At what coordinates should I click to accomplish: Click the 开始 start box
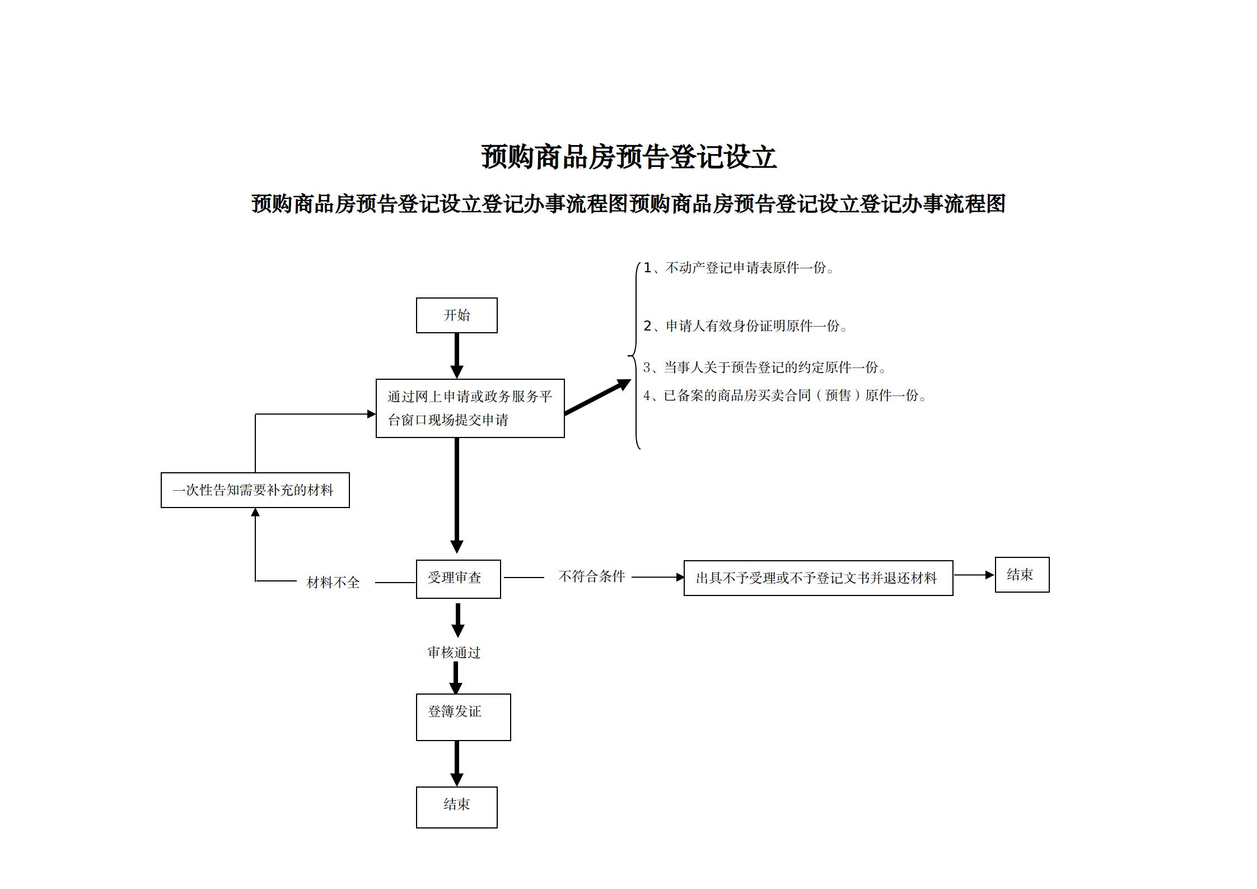pyautogui.click(x=456, y=315)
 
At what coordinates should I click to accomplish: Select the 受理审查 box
pyautogui.click(x=458, y=579)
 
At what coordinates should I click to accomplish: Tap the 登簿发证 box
pyautogui.click(x=463, y=716)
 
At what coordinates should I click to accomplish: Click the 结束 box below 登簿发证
pyautogui.click(x=456, y=807)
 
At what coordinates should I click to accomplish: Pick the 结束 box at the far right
pyautogui.click(x=1021, y=575)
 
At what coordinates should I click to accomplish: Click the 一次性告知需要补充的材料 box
pyautogui.click(x=255, y=490)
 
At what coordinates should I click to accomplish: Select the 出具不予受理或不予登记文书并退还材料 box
pyautogui.click(x=817, y=578)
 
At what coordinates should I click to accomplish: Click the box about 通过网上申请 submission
pyautogui.click(x=470, y=408)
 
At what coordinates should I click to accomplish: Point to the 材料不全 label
pyautogui.click(x=333, y=583)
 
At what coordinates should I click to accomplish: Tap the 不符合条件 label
pyautogui.click(x=591, y=576)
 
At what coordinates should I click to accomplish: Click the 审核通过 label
pyautogui.click(x=454, y=653)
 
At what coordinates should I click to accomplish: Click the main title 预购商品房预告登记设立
pyautogui.click(x=628, y=157)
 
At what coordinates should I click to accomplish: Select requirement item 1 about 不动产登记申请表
pyautogui.click(x=739, y=268)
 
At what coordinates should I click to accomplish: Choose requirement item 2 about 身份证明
pyautogui.click(x=745, y=326)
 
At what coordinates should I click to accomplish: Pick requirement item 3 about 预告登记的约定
pyautogui.click(x=764, y=367)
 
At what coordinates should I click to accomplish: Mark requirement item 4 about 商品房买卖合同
pyautogui.click(x=784, y=395)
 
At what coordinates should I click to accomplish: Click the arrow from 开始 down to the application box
pyautogui.click(x=457, y=356)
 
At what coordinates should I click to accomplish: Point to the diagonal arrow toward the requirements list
pyautogui.click(x=597, y=397)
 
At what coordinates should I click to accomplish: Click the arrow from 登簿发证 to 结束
pyautogui.click(x=457, y=763)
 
